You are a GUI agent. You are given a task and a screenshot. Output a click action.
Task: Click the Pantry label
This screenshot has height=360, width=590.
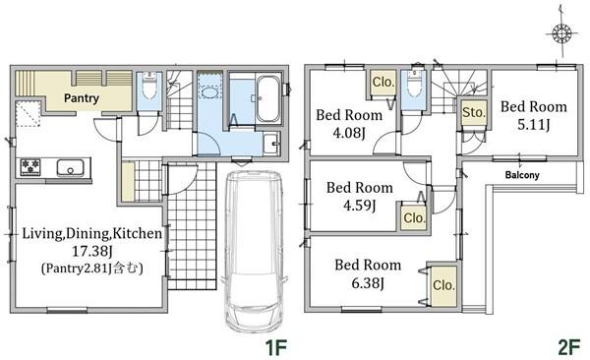[x=82, y=98]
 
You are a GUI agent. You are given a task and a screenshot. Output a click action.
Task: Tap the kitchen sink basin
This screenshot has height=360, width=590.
[x=71, y=167]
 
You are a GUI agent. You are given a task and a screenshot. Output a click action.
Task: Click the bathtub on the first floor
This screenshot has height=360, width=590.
[x=268, y=98]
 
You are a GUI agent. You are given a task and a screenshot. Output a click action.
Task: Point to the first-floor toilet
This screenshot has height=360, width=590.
[x=149, y=86]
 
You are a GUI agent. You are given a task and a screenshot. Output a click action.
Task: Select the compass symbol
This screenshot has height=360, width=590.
[x=561, y=32]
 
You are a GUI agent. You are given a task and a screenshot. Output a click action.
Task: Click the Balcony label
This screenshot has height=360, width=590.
[x=522, y=175]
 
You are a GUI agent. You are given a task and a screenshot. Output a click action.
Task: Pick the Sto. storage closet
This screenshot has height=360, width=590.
[x=474, y=112]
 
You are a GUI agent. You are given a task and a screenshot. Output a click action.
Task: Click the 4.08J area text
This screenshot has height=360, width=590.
[x=349, y=133]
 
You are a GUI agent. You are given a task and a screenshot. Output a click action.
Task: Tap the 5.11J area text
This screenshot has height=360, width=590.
[x=534, y=124]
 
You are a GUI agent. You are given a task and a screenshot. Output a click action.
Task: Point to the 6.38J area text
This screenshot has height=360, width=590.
[x=368, y=283]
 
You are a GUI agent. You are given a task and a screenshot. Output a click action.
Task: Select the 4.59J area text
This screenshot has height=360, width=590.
[x=359, y=206]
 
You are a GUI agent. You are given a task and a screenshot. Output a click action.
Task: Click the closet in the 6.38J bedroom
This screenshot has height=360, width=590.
[x=444, y=286]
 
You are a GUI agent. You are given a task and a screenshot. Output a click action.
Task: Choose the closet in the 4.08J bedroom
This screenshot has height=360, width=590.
[x=383, y=83]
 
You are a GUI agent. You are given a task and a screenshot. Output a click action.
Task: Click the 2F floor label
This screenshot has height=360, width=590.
[x=568, y=347]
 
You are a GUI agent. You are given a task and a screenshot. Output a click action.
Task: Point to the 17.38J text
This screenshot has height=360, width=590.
[x=92, y=251]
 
